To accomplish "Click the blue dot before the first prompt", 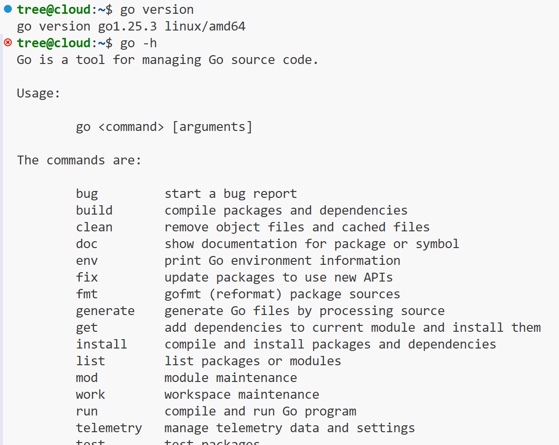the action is click(x=7, y=9).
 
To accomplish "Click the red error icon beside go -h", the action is click(x=7, y=42).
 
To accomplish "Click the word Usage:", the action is click(x=38, y=94).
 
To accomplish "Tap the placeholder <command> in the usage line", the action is click(x=131, y=127).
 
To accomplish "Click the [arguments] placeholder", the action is click(x=212, y=127).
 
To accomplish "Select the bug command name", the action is click(x=87, y=194).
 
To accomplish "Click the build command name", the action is click(x=94, y=211).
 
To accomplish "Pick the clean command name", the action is click(x=94, y=227).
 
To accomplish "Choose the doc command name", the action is click(x=87, y=244).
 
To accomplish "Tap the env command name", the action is click(x=87, y=261).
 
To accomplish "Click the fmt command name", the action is click(x=87, y=294).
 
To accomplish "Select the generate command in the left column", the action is click(x=105, y=311).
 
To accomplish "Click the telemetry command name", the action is click(x=109, y=428).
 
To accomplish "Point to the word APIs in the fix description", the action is click(x=378, y=278).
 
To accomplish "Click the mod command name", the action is click(x=87, y=378).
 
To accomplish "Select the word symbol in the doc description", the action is click(x=437, y=244).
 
